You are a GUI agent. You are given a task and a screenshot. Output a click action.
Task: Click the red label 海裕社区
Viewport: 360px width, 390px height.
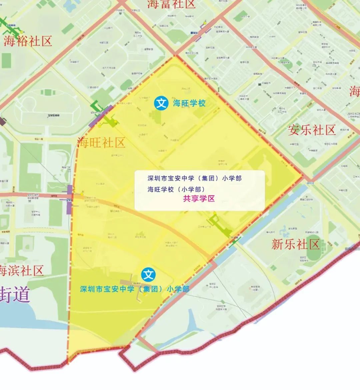coord(28,41)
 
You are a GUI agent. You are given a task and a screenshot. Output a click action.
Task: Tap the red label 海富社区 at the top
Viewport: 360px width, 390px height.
coord(171,4)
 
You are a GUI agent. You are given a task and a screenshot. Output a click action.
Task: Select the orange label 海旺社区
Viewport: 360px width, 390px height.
coord(101,143)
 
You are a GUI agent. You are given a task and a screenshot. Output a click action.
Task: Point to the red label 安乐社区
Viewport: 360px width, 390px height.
coord(312,130)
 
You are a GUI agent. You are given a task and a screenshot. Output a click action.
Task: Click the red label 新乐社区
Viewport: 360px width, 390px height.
coord(295,244)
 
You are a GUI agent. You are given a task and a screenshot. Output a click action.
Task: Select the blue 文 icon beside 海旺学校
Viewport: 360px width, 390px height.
coord(161,103)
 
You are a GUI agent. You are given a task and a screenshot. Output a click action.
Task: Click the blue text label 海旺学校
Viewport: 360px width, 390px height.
coord(189,103)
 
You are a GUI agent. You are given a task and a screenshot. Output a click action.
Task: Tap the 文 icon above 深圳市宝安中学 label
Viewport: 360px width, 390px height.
coord(148,275)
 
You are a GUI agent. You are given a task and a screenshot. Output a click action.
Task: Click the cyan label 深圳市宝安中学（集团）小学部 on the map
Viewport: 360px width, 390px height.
coord(135,289)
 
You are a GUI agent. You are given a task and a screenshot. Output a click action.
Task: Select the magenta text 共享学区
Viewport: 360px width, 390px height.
coord(199,199)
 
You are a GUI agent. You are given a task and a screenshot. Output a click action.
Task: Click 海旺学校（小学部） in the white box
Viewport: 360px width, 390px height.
coord(176,189)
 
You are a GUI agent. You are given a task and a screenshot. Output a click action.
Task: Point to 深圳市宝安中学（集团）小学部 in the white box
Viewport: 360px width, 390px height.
coord(194,178)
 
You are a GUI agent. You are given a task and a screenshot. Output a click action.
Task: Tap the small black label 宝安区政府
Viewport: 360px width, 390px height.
coord(53,115)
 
